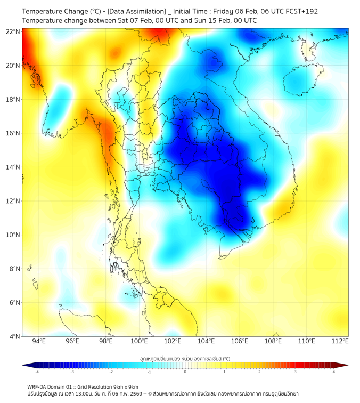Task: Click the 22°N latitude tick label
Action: click(13, 31)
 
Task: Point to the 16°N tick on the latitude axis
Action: click(13, 133)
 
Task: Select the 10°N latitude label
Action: click(13, 235)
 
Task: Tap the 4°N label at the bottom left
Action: click(14, 336)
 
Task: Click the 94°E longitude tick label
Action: click(39, 341)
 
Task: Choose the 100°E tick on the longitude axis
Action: click(140, 341)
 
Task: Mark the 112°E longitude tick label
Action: click(340, 341)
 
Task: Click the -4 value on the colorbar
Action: click(37, 372)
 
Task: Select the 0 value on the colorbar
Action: click(185, 372)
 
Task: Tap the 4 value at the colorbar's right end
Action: click(334, 372)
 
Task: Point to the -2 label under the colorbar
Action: click(111, 372)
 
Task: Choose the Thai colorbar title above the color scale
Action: click(185, 358)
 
